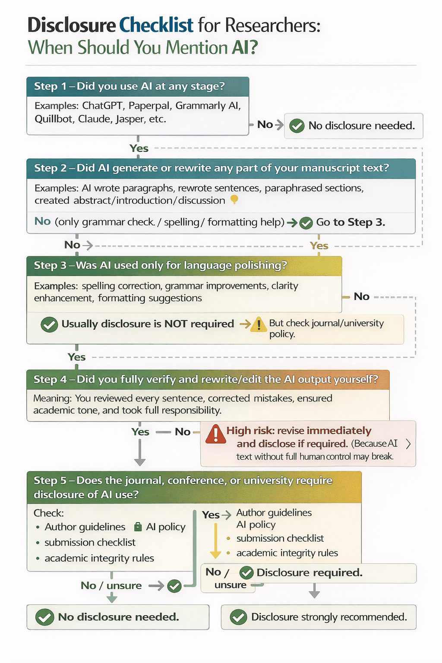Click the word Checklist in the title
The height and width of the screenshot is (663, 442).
pyautogui.click(x=156, y=25)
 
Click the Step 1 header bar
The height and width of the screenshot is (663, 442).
pyautogui.click(x=138, y=86)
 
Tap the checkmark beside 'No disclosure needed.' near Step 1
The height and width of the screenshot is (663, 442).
pyautogui.click(x=297, y=126)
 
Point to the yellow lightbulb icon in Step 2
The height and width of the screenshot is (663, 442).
pyautogui.click(x=234, y=199)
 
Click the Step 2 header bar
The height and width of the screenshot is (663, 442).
pyautogui.click(x=221, y=168)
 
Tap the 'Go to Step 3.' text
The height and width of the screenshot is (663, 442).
pyautogui.click(x=350, y=222)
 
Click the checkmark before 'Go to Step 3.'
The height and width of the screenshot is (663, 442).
pyautogui.click(x=306, y=223)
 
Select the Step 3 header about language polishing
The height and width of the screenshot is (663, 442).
pyautogui.click(x=184, y=265)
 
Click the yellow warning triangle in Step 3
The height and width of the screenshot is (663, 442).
pyautogui.click(x=259, y=324)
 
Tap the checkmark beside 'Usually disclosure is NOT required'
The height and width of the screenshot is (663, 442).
pyautogui.click(x=49, y=325)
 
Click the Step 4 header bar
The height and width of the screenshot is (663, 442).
pyautogui.click(x=208, y=379)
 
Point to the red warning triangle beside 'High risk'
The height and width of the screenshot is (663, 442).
pyautogui.click(x=216, y=434)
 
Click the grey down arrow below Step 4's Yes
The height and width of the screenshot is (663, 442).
pyautogui.click(x=139, y=455)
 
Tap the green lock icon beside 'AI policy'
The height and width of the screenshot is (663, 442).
pyautogui.click(x=138, y=527)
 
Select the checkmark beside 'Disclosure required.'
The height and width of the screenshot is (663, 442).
pyautogui.click(x=246, y=573)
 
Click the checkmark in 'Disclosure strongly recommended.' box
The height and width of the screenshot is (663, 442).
pyautogui.click(x=238, y=617)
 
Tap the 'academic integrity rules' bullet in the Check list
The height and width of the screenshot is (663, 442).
pyautogui.click(x=99, y=558)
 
